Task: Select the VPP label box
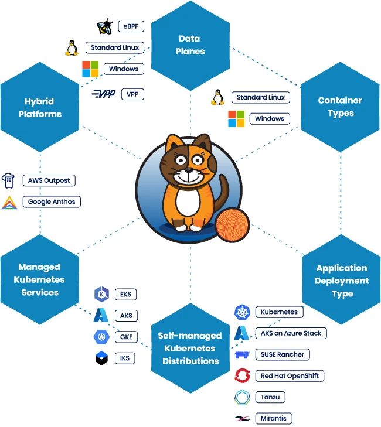click(132, 94)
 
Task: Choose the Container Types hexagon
click(340, 107)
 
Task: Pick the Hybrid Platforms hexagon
click(40, 107)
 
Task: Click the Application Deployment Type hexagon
click(341, 281)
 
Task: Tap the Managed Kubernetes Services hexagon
click(40, 279)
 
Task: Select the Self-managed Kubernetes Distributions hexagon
click(190, 348)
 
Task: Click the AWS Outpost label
click(48, 180)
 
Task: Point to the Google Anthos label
click(51, 202)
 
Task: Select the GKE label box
click(125, 337)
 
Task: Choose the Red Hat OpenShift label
click(289, 375)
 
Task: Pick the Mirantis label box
click(274, 418)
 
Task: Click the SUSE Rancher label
click(283, 354)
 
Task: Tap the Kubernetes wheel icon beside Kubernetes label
click(242, 312)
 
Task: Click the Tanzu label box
click(270, 397)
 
